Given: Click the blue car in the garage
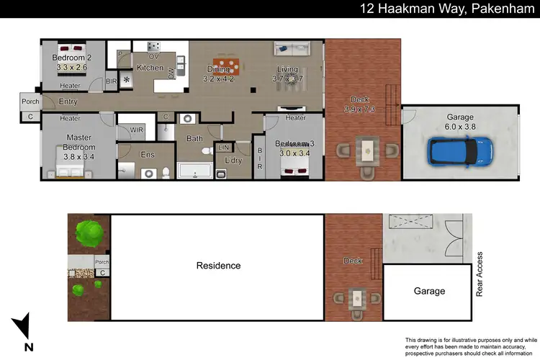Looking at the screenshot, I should [462, 151].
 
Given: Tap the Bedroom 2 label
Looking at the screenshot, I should [72, 62].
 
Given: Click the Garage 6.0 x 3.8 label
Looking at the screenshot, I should [460, 122].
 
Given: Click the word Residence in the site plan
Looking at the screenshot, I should [218, 266].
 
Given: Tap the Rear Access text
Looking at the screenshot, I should [480, 274].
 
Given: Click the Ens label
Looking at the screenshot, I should [147, 153].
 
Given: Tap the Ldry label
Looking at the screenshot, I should [233, 160].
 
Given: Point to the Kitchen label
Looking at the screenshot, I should [150, 68].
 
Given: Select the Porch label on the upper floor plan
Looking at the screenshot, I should [30, 102].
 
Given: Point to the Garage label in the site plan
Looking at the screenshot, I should [428, 292].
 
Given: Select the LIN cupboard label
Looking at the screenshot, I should [223, 148].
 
